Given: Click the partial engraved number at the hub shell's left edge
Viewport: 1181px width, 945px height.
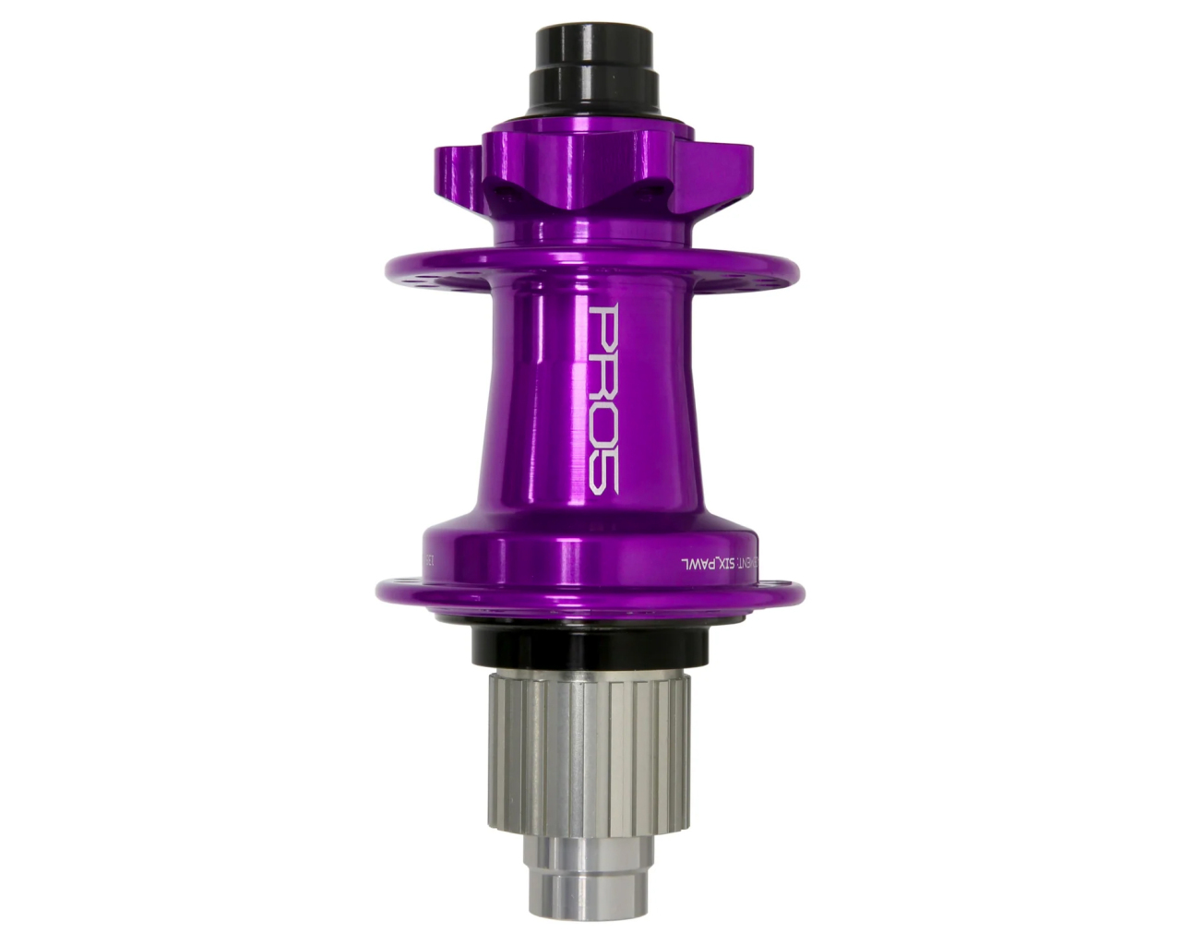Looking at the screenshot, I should (428, 560).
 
